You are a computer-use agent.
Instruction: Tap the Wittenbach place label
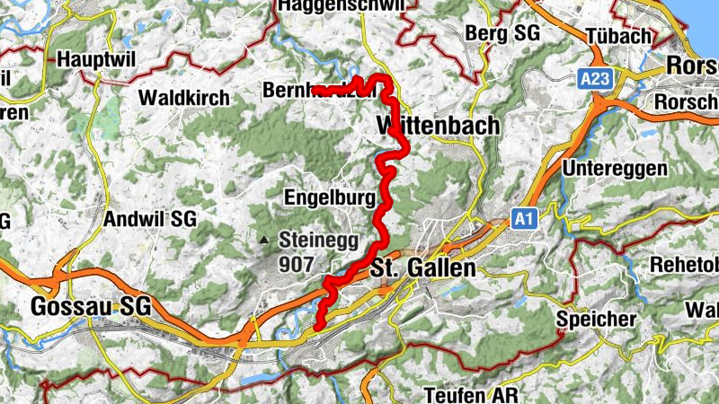point(439,126)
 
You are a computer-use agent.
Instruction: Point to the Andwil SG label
point(149,218)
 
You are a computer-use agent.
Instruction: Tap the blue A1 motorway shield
point(524,217)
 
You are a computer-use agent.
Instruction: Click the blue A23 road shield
point(595,79)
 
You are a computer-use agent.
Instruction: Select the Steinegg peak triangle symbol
point(263,240)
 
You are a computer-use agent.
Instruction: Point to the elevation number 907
point(298,265)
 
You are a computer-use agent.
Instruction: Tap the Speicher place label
point(597,319)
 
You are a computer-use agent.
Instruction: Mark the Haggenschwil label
point(341,5)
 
